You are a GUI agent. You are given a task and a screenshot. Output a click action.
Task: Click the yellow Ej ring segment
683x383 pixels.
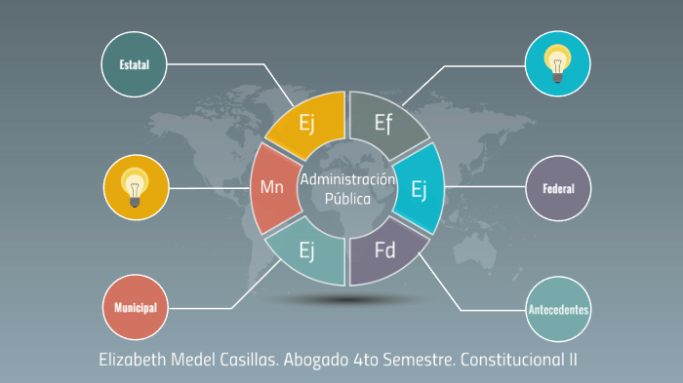(305, 124)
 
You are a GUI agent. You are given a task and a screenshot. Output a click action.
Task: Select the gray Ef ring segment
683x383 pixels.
(385, 123)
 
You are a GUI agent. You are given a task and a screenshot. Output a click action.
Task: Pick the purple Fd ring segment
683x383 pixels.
(385, 251)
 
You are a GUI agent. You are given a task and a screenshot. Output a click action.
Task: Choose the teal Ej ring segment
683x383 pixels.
(305, 251)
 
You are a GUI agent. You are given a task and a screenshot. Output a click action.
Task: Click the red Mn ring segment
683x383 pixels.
(272, 187)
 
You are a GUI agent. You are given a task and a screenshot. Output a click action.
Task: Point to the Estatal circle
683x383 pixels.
(135, 64)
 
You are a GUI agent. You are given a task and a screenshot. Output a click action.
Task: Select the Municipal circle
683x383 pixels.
(135, 308)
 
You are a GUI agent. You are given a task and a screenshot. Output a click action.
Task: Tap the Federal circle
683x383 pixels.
(558, 188)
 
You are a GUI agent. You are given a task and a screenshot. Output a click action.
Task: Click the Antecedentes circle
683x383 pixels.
(558, 310)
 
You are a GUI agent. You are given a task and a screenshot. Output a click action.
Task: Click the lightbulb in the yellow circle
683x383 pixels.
(136, 185)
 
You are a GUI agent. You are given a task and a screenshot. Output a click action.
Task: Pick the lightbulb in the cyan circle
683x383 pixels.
(557, 63)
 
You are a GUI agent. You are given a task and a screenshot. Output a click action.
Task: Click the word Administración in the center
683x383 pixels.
(348, 179)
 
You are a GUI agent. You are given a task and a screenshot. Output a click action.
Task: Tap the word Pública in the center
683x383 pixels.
(348, 198)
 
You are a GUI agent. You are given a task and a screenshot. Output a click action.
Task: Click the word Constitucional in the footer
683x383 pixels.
(509, 359)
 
